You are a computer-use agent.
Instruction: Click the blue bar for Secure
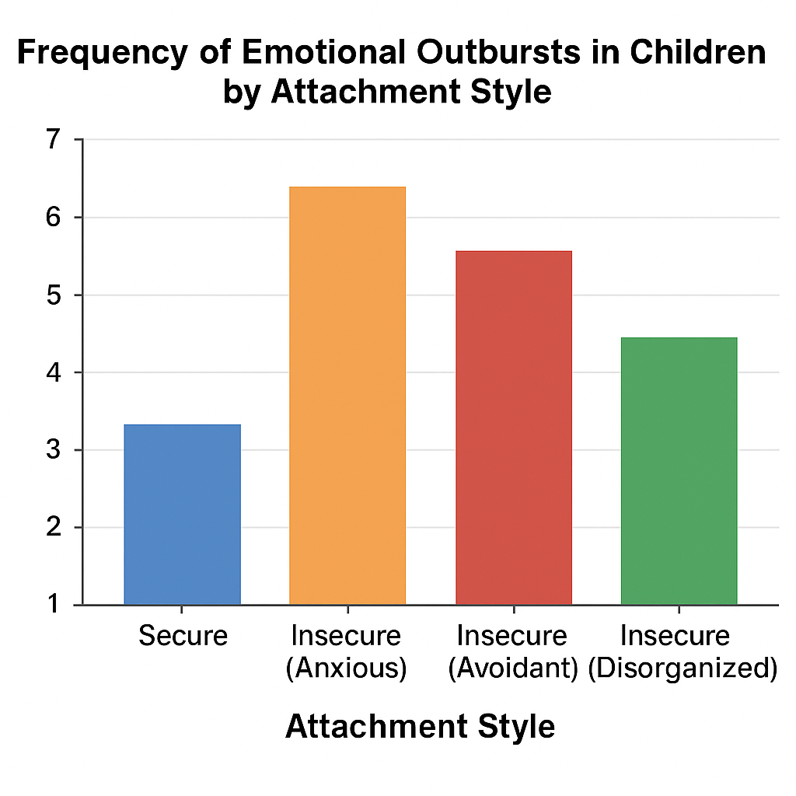coord(182,515)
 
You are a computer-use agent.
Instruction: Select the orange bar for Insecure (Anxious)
coord(347,396)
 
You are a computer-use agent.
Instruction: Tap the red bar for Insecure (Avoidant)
coord(513,428)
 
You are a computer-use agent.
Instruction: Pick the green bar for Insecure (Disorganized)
coord(679,471)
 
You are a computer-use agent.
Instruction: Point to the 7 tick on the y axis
coord(53,140)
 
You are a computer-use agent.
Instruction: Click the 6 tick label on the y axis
coord(53,218)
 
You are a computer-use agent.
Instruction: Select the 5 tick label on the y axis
coord(53,295)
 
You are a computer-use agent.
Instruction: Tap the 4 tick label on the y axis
coord(53,373)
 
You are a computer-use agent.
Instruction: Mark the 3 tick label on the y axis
coord(53,450)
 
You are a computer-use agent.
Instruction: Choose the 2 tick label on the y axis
coord(53,528)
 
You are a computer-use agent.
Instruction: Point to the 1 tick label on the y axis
coord(53,604)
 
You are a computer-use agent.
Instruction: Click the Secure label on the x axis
coord(183,636)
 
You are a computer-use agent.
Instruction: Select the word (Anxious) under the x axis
coord(346,669)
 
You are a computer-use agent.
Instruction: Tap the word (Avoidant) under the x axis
coord(512,669)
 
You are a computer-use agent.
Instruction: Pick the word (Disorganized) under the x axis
coord(682,669)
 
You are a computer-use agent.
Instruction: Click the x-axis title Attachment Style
coord(420,727)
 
